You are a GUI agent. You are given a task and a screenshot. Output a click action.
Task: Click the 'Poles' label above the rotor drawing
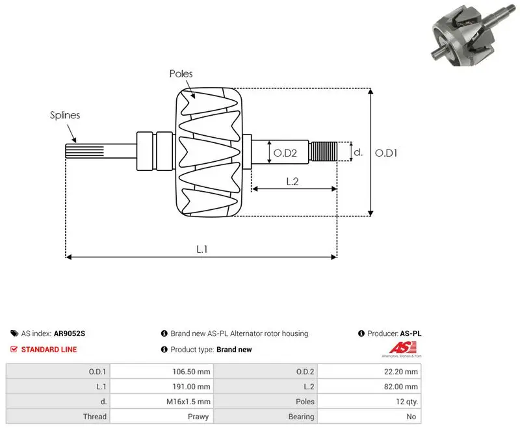pyautogui.click(x=181, y=73)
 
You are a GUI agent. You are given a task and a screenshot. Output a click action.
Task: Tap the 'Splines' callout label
pyautogui.click(x=65, y=115)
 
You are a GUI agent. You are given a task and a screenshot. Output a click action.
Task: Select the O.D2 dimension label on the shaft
pyautogui.click(x=285, y=153)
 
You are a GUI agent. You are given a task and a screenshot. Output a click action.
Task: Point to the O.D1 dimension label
pyautogui.click(x=385, y=153)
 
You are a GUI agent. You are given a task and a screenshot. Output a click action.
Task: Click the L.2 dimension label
pyautogui.click(x=292, y=181)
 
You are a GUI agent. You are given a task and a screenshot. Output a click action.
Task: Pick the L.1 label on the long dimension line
pyautogui.click(x=201, y=249)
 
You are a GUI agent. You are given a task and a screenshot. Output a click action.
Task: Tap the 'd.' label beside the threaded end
pyautogui.click(x=358, y=152)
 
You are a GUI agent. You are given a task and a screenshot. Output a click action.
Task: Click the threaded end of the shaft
pyautogui.click(x=323, y=151)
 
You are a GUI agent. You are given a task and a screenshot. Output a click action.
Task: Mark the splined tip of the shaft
pyautogui.click(x=84, y=151)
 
